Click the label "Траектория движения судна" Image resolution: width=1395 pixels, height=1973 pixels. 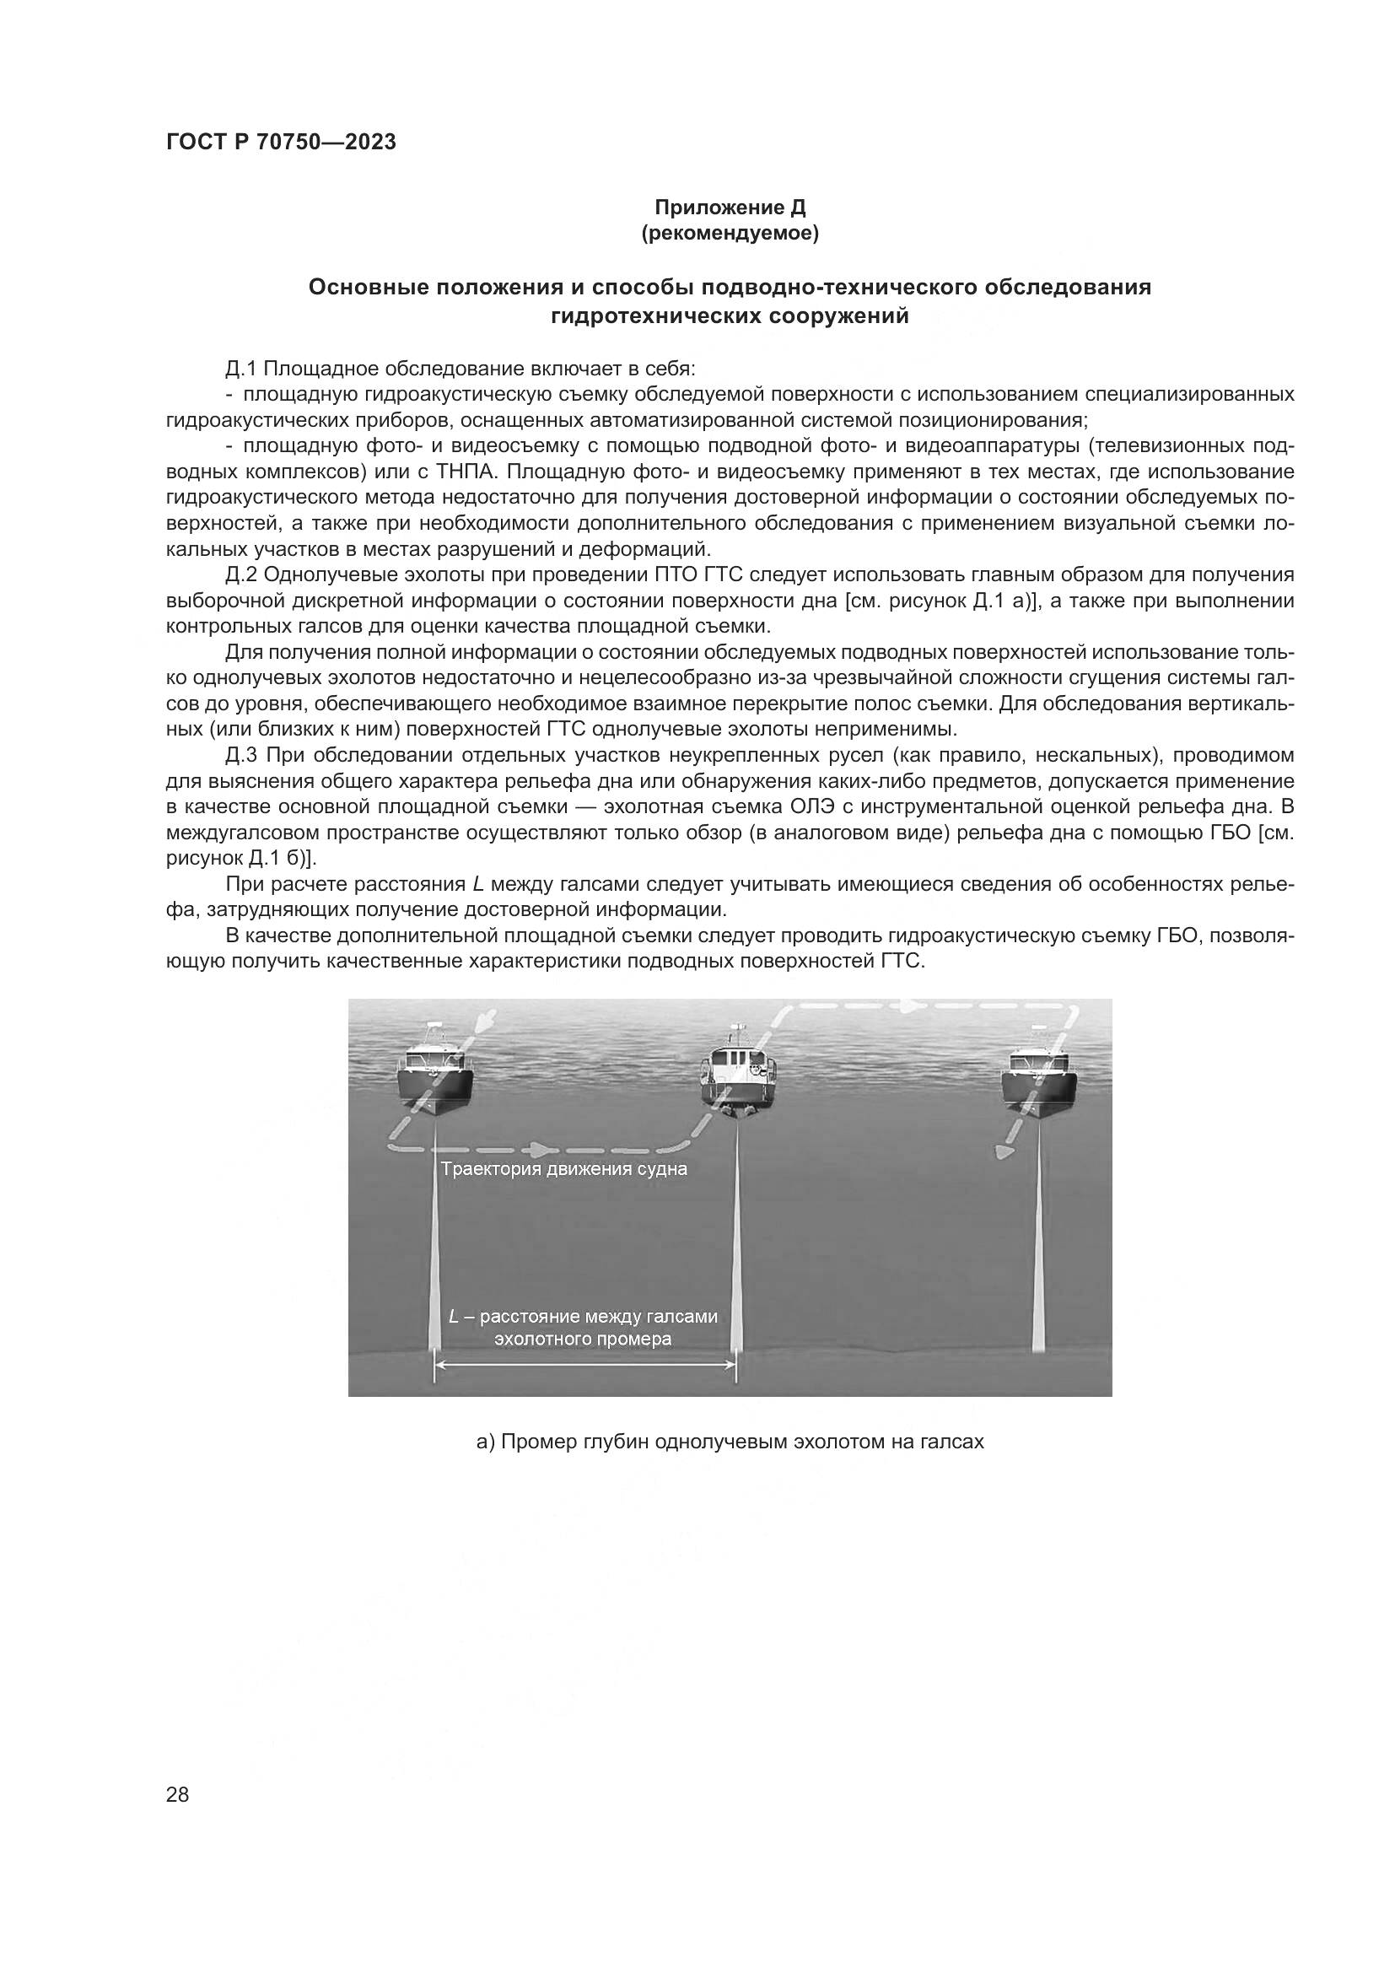pos(563,1169)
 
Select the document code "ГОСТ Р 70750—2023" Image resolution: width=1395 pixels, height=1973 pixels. pos(281,143)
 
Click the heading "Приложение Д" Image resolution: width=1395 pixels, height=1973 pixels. pos(730,208)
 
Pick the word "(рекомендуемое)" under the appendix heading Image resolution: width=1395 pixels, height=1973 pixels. pos(730,233)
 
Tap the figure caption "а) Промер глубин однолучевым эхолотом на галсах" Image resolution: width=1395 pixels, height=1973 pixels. pos(730,1442)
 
